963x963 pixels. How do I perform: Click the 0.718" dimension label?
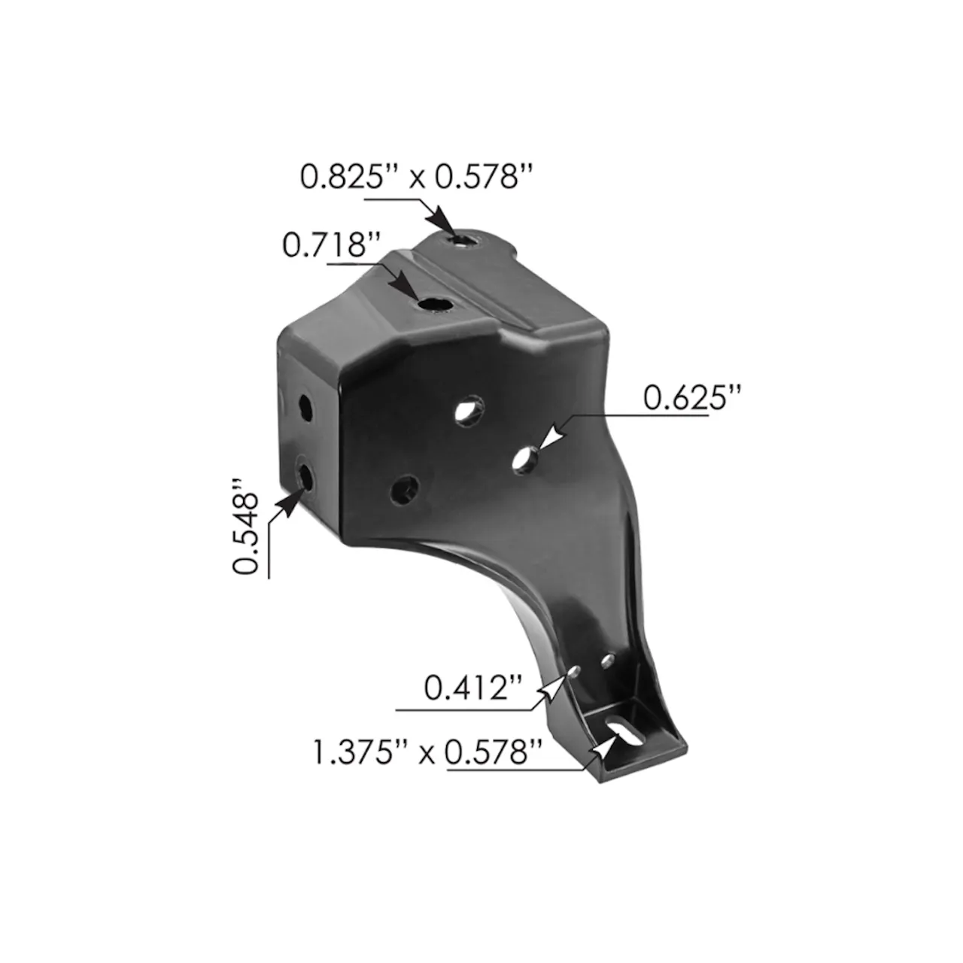coord(331,245)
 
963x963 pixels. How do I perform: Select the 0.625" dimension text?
coord(691,398)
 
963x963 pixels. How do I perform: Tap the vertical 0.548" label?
coord(245,527)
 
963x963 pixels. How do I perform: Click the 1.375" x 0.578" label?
coord(427,752)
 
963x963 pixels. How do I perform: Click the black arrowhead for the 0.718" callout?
coord(404,288)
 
